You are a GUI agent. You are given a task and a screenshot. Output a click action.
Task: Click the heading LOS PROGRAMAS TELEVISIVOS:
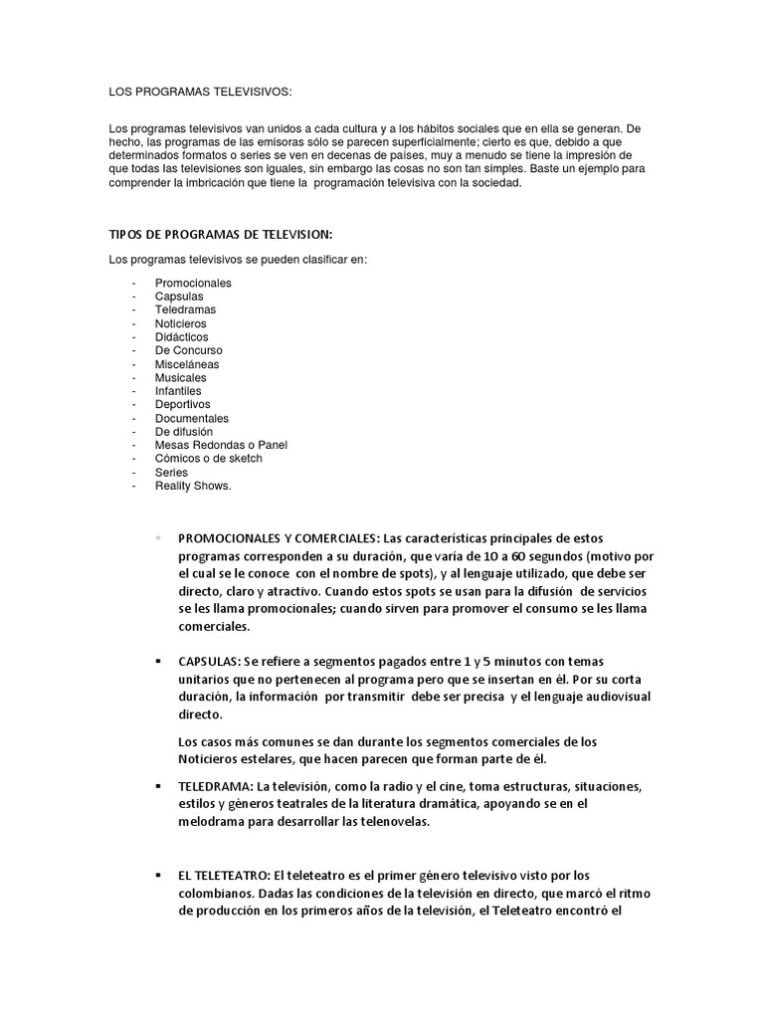pos(200,92)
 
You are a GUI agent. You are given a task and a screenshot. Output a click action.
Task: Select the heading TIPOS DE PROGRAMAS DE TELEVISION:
pos(220,235)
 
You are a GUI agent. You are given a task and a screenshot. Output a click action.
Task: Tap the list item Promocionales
pos(193,283)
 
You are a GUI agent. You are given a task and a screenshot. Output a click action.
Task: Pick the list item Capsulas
pos(179,297)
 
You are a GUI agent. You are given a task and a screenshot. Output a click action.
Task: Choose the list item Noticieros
pos(181,323)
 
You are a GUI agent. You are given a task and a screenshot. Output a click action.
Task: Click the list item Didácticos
pos(182,337)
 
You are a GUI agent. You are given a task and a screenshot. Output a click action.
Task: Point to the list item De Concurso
pos(189,350)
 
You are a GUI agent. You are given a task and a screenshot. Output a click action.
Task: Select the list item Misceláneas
pos(187,364)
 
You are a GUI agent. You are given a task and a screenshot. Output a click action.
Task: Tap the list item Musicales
pos(181,378)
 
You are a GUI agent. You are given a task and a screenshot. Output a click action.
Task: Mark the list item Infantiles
pos(178,391)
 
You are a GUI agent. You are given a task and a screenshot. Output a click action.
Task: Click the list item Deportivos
pos(183,405)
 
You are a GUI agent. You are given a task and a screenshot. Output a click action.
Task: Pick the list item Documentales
pos(192,419)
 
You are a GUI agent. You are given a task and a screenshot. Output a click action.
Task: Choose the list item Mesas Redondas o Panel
pos(221,445)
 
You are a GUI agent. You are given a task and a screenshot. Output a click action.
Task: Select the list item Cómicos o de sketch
pos(209,459)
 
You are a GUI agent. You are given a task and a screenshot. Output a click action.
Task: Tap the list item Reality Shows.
pos(193,486)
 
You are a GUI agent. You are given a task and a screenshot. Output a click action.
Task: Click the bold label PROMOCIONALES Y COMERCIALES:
pos(276,538)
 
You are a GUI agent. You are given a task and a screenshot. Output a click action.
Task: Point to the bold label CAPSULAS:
pos(210,662)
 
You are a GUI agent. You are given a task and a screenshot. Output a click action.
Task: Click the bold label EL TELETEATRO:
pos(226,875)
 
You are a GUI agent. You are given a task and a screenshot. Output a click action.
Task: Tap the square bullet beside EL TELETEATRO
pos(158,875)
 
